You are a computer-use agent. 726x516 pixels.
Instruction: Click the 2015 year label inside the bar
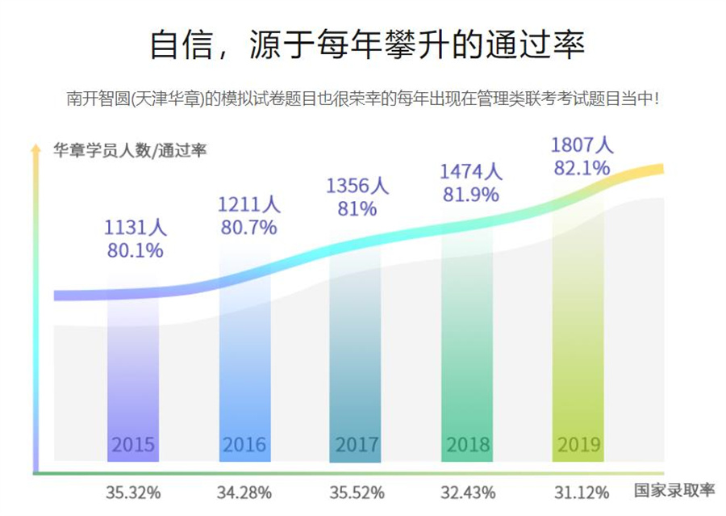[x=133, y=445]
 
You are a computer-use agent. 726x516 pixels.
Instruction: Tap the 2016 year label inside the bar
[x=244, y=445]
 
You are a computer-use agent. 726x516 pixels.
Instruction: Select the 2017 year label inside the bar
[x=357, y=445]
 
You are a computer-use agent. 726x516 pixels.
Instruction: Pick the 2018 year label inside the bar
[x=468, y=445]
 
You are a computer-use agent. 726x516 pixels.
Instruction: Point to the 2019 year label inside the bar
[x=579, y=445]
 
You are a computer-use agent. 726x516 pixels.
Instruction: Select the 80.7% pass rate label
[x=248, y=228]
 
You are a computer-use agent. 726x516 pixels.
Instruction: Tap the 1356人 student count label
[x=357, y=186]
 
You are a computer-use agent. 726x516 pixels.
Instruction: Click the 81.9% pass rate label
[x=470, y=194]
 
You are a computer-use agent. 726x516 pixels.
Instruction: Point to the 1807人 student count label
[x=582, y=146]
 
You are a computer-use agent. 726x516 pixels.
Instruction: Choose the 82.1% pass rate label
[x=582, y=168]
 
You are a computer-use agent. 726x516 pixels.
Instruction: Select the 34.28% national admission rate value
[x=244, y=492]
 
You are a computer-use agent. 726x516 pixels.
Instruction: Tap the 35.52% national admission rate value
[x=357, y=492]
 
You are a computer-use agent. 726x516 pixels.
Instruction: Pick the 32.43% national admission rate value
[x=468, y=492]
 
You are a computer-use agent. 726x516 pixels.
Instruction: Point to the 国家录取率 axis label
[x=674, y=490]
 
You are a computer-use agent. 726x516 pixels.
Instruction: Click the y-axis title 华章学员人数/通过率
[x=130, y=150]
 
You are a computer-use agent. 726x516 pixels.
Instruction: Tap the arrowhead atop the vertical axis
[x=35, y=148]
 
